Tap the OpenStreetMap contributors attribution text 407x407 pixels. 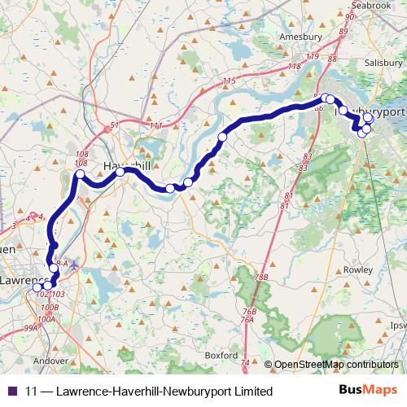[336, 364]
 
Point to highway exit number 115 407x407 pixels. [228, 81]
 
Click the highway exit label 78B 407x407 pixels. [261, 278]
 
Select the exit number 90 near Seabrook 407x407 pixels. [351, 16]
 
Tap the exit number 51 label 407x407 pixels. [115, 125]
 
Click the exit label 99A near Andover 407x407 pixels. [30, 327]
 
